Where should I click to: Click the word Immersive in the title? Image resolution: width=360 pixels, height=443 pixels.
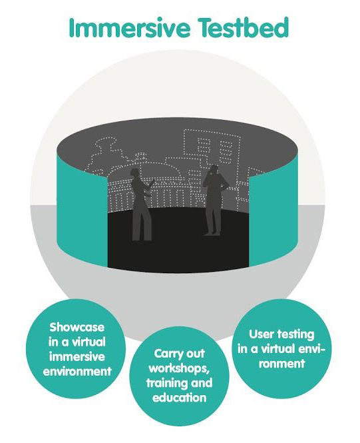[x=130, y=28]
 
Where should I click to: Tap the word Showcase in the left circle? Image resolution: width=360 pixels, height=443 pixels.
[x=77, y=327]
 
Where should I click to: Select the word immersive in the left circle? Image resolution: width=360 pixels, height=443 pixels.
[x=77, y=356]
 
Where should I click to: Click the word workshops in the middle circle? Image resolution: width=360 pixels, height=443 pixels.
[x=179, y=368]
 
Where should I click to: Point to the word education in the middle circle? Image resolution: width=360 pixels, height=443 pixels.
[x=180, y=398]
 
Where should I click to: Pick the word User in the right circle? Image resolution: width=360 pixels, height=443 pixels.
[x=262, y=334]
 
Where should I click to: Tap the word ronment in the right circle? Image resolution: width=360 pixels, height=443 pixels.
[x=282, y=363]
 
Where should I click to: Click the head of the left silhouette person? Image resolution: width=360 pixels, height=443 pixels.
[x=136, y=173]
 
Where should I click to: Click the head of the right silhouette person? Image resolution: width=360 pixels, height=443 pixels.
[x=214, y=169]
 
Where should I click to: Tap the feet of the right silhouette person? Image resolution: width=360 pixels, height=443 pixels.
[x=212, y=233]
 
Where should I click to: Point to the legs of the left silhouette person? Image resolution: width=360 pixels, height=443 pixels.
[x=141, y=223]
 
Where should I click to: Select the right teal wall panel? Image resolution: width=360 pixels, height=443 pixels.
[x=273, y=215]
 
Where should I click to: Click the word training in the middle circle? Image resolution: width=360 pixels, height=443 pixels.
[x=163, y=384]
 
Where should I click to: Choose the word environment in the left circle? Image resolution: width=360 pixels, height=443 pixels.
[x=77, y=372]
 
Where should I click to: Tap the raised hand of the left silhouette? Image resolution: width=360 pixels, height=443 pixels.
[x=152, y=183]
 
